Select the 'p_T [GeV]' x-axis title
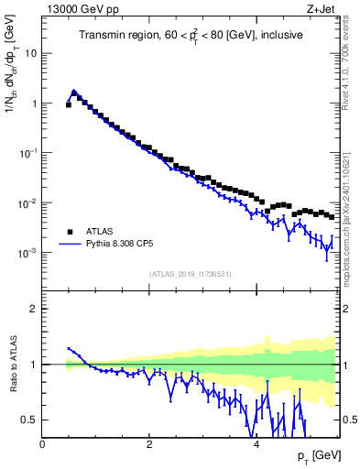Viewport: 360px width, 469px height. (312, 455)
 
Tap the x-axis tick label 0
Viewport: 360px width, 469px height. (43, 444)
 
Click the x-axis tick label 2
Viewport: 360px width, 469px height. (149, 444)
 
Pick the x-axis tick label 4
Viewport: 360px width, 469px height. (256, 444)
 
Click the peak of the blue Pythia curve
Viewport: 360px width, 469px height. (74, 91)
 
